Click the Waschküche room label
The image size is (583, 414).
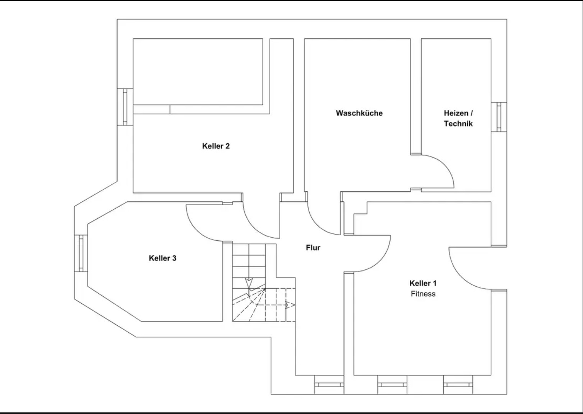pos(359,113)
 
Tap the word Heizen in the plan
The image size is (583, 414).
pos(456,113)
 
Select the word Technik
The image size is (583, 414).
pos(458,123)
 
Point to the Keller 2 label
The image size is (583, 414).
pos(216,146)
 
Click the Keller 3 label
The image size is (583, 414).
pos(163,258)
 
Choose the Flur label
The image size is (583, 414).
pos(313,248)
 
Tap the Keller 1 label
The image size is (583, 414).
pos(423,283)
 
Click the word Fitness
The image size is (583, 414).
pos(423,294)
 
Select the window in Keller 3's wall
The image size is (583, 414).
pos(81,253)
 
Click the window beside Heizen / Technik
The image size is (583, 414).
pos(499,117)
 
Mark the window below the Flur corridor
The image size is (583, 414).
pos(329,384)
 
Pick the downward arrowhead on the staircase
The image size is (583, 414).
pos(249,282)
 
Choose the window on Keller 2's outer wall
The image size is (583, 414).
pos(125,107)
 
